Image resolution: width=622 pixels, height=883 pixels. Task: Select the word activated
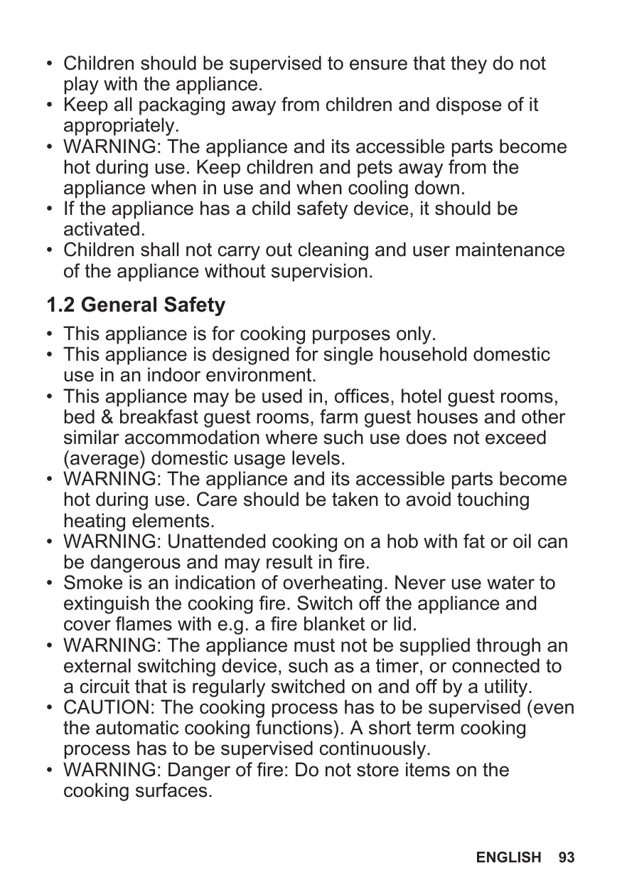(104, 231)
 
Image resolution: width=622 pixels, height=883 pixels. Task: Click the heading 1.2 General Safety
(136, 306)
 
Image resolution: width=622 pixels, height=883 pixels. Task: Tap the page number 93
(566, 857)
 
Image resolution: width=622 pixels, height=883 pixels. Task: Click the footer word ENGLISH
(508, 857)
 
